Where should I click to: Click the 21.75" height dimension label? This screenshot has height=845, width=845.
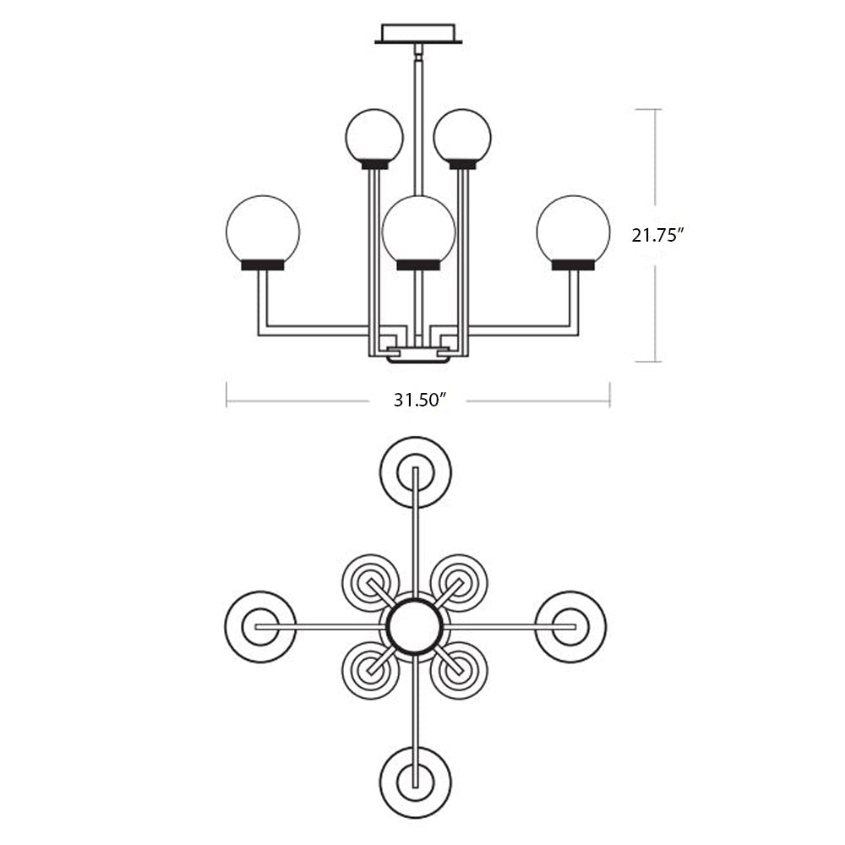[658, 235]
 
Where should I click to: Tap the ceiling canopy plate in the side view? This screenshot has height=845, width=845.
[418, 34]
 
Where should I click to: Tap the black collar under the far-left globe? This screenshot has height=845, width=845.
[263, 265]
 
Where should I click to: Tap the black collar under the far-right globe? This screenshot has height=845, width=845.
[574, 265]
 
